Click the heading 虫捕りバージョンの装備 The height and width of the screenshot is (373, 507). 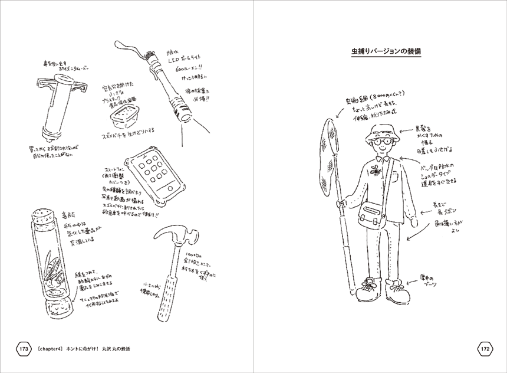click(381, 52)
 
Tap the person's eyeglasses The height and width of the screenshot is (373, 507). click(380, 142)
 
